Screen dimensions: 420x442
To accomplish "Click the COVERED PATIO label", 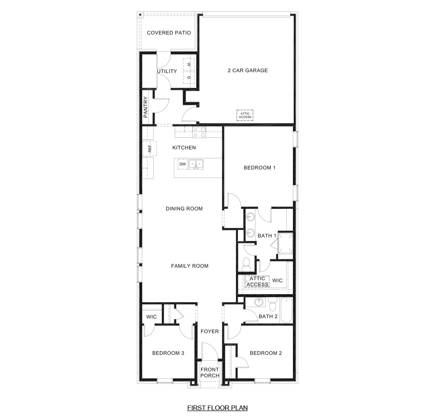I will pos(169,33).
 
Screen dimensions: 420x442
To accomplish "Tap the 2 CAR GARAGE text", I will pos(248,70).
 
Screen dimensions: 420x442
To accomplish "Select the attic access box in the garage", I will pos(245,115).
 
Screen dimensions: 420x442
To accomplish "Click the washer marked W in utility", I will pos(189,64).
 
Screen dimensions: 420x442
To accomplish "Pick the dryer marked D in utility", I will pos(189,78).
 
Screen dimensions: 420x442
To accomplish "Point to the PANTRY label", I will pos(146,107).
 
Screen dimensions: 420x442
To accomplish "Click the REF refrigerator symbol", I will pos(149,148).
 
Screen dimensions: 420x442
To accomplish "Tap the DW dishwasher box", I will pos(182,164).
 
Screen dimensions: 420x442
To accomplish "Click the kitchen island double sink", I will pos(196,164).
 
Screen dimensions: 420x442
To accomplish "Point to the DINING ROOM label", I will pos(184,209).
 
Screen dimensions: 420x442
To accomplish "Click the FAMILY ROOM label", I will pos(190,266).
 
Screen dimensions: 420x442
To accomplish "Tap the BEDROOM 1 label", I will pos(260,168).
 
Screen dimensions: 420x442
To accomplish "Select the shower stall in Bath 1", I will pos(285,243).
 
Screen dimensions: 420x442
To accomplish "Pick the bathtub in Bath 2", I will pos(286,311).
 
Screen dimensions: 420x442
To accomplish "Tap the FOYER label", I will pos(210,331).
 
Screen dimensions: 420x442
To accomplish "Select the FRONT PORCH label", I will pos(210,373).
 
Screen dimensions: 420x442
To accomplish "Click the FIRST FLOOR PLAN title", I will pos(217,408).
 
